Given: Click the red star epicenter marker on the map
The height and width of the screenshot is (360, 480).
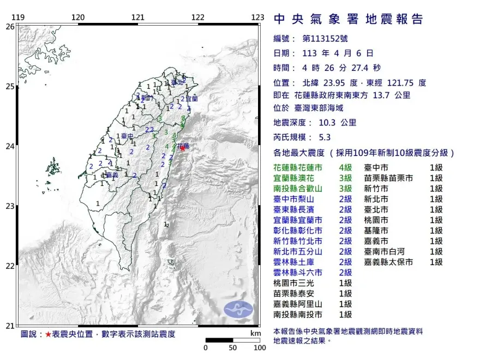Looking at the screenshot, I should pyautogui.click(x=182, y=148).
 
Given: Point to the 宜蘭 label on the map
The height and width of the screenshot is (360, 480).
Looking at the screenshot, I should pyautogui.click(x=191, y=99).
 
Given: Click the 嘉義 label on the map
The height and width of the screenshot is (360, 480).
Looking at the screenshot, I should pyautogui.click(x=112, y=175).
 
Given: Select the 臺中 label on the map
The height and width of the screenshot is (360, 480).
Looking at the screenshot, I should pyautogui.click(x=128, y=136).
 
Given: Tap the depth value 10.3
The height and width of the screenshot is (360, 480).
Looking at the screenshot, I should pyautogui.click(x=329, y=123).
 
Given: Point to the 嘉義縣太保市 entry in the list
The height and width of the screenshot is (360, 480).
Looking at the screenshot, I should pyautogui.click(x=389, y=262).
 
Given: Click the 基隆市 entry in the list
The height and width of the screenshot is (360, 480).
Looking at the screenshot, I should pyautogui.click(x=377, y=231).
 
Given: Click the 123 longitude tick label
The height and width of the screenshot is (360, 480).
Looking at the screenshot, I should pyautogui.click(x=257, y=17).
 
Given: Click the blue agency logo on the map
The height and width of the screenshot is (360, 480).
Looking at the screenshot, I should pyautogui.click(x=238, y=309).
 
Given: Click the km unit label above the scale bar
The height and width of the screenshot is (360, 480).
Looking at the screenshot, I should pyautogui.click(x=255, y=333).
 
